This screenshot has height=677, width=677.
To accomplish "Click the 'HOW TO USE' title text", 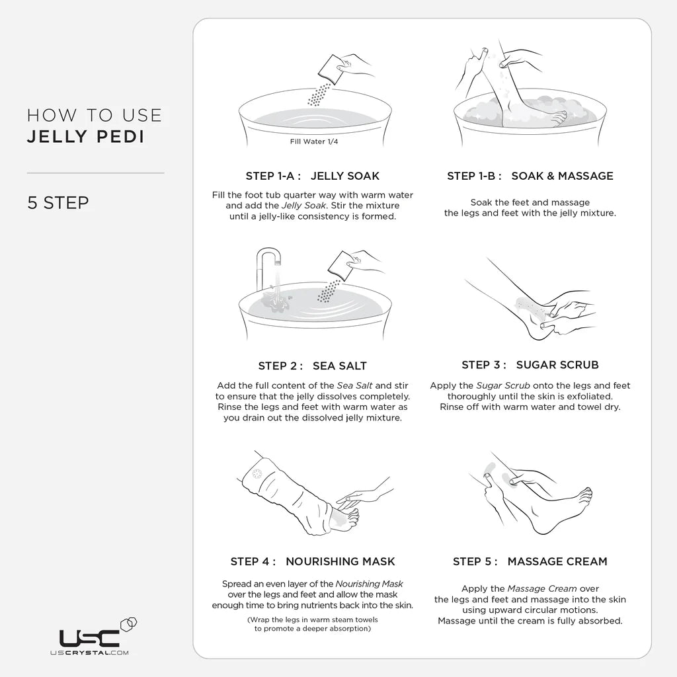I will pyautogui.click(x=94, y=115).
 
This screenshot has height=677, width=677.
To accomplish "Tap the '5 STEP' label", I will pyautogui.click(x=58, y=202).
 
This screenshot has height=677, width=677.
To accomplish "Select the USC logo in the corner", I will pyautogui.click(x=91, y=637).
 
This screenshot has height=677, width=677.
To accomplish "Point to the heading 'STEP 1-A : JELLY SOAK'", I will pyautogui.click(x=312, y=176).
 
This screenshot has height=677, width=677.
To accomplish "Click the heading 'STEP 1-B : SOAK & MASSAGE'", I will pyautogui.click(x=530, y=176).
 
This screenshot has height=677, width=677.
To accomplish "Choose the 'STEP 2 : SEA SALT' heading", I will pyautogui.click(x=312, y=366).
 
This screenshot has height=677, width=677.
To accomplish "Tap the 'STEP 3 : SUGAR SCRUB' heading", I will pyautogui.click(x=530, y=364).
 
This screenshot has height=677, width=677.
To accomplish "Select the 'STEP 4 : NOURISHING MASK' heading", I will pyautogui.click(x=312, y=561).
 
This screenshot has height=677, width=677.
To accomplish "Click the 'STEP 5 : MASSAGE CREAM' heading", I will pyautogui.click(x=530, y=561).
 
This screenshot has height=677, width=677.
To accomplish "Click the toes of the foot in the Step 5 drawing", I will pyautogui.click(x=585, y=495).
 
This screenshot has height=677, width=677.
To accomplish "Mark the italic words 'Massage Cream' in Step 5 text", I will pyautogui.click(x=542, y=588).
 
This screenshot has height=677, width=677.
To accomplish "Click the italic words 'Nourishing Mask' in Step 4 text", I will pyautogui.click(x=369, y=584).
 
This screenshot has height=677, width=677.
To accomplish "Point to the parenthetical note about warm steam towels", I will pyautogui.click(x=312, y=624).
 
